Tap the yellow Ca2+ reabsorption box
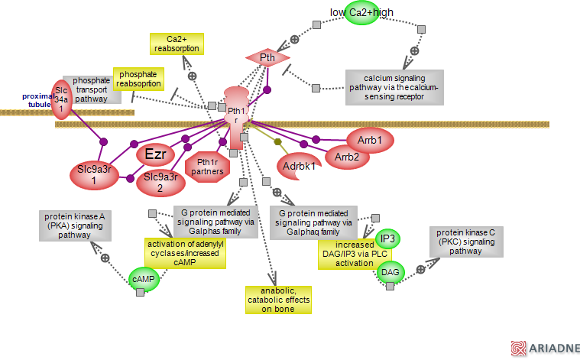click(177, 44)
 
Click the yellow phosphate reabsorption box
click(139, 79)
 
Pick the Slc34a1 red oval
click(62, 99)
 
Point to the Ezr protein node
click(156, 154)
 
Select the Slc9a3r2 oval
click(161, 182)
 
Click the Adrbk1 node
click(300, 166)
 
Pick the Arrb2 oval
click(348, 157)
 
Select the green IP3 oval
click(387, 239)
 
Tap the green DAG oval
click(389, 272)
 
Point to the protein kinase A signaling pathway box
click(74, 226)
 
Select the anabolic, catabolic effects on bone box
click(278, 300)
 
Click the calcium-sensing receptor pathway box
click(395, 88)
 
